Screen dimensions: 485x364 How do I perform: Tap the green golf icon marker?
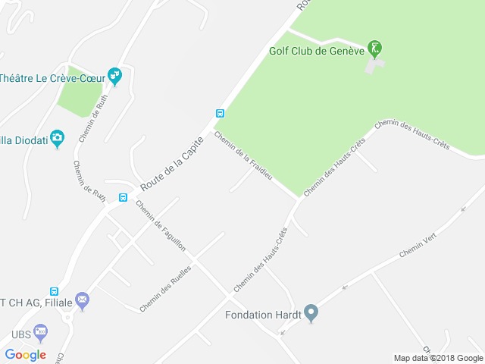374,49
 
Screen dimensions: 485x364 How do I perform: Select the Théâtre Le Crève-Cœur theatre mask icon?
115,76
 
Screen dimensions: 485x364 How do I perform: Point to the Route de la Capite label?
173,162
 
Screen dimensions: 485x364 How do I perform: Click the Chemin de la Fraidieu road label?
242,161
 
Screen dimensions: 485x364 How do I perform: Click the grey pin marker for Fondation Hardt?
310,313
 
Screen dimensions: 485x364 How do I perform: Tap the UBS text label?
20,334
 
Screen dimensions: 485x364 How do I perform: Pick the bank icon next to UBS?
40,332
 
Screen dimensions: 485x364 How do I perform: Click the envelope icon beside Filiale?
82,301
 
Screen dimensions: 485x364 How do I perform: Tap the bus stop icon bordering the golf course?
220,114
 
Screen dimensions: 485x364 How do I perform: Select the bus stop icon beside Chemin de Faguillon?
122,198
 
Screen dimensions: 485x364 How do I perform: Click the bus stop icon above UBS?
54,291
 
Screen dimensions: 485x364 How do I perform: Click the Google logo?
25,354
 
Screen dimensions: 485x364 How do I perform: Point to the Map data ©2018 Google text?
438,358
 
